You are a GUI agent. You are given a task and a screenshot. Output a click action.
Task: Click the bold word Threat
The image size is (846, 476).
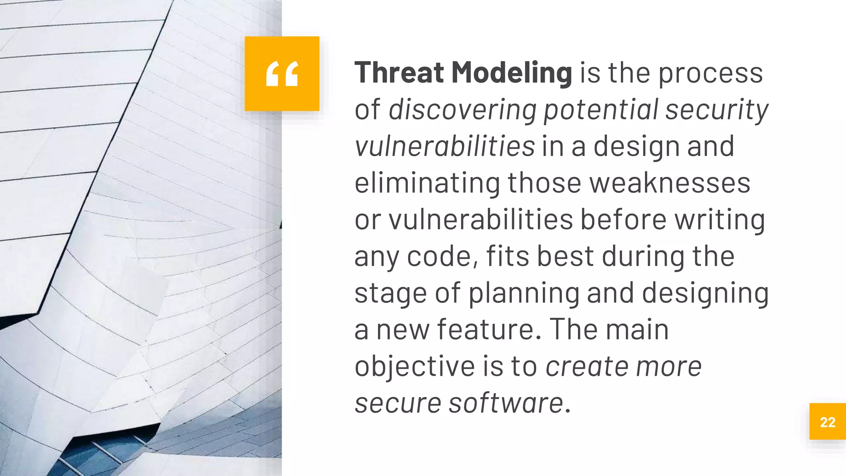click(399, 73)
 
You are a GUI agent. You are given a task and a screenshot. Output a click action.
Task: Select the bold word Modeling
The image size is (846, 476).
click(511, 74)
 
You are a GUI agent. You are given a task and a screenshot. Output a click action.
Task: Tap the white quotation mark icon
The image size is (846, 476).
click(282, 74)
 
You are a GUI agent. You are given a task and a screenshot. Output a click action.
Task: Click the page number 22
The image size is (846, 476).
click(827, 422)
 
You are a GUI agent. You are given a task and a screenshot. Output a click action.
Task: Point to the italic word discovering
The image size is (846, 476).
click(462, 110)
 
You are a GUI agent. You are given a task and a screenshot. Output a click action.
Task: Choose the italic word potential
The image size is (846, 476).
click(601, 110)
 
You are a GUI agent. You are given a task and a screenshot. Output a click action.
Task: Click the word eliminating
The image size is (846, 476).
click(427, 183)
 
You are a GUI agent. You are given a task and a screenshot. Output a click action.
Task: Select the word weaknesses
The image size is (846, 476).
click(670, 183)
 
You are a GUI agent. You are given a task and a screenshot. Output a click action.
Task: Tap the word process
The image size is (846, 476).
click(710, 74)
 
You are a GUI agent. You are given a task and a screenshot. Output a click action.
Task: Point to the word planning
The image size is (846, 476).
click(523, 293)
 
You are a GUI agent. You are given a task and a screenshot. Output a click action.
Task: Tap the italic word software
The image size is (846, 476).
click(506, 403)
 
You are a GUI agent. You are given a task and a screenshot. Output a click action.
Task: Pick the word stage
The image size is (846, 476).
click(390, 293)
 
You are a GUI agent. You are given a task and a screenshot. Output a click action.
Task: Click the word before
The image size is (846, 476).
click(623, 219)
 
